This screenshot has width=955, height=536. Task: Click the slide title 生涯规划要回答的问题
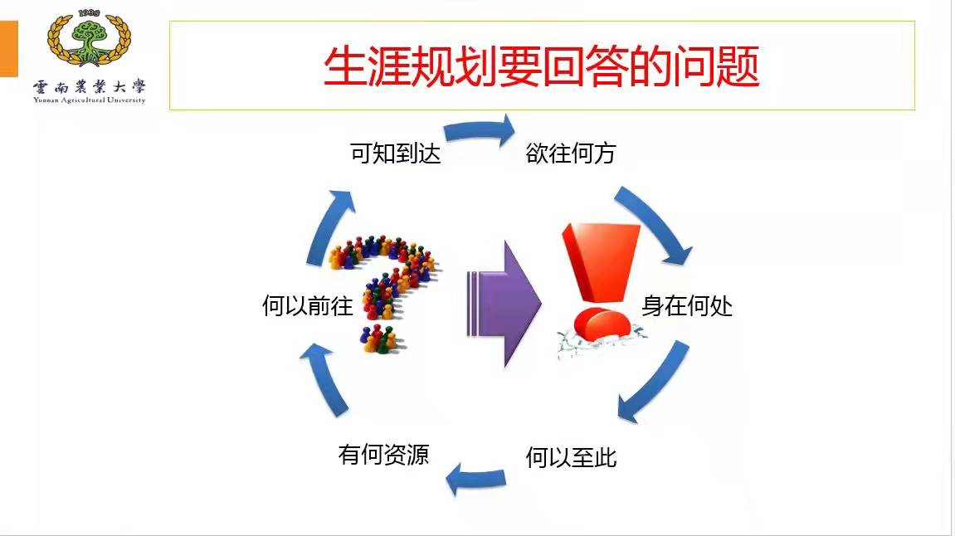(541, 67)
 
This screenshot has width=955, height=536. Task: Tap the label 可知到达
(395, 154)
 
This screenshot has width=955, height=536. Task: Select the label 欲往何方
(571, 154)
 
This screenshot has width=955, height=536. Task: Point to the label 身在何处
(687, 306)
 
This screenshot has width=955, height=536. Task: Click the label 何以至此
(571, 457)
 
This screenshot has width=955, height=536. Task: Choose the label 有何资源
(383, 454)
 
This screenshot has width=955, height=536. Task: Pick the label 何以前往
(308, 307)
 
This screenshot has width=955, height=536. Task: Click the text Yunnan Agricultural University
(89, 100)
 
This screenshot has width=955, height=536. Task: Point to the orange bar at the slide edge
(8, 50)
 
